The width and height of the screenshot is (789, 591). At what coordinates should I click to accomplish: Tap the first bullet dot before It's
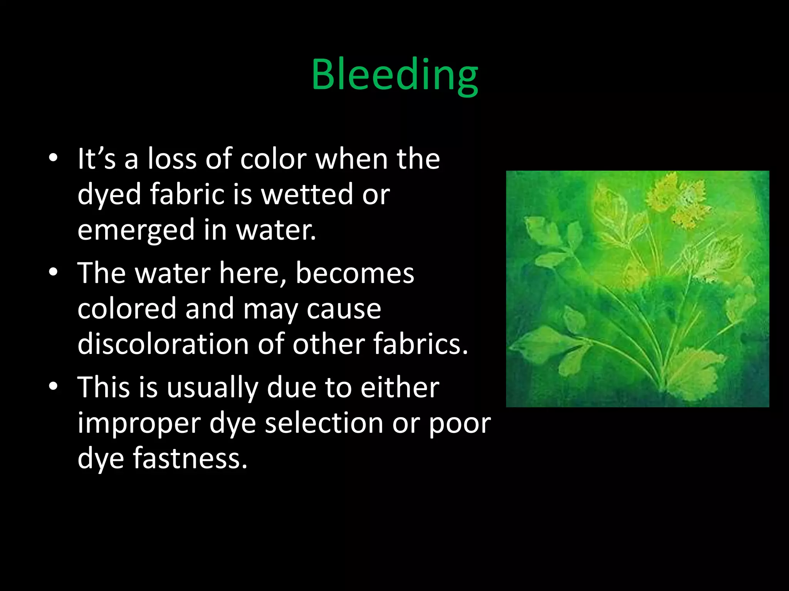tap(53, 158)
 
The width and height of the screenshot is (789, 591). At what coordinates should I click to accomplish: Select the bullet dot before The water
tap(53, 272)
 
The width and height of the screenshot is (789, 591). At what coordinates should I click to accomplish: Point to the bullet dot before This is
tap(53, 386)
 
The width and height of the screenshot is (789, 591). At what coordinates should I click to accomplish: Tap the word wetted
tap(307, 194)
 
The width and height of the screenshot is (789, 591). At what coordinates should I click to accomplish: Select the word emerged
tap(136, 230)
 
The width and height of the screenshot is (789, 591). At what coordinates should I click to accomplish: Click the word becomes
tap(355, 273)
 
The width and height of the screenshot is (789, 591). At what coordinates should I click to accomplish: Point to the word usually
tap(212, 387)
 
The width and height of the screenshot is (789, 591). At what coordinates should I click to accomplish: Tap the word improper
tap(139, 423)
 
